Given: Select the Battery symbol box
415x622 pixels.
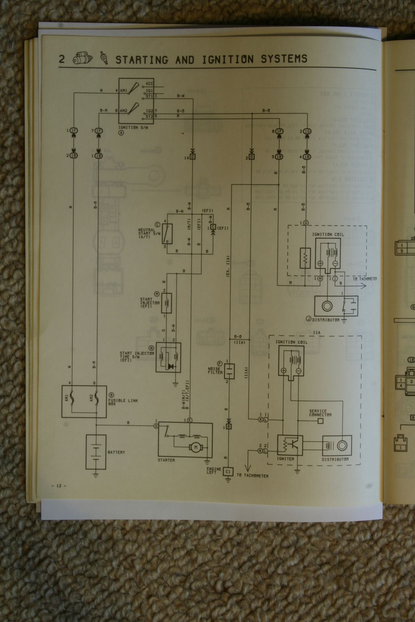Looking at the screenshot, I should click(96, 452).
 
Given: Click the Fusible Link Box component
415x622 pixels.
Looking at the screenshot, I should click(84, 401).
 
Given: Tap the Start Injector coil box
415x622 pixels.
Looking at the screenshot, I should click(167, 303).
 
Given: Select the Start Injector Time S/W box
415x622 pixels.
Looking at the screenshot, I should click(168, 357).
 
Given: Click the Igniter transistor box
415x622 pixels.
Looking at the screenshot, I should click(290, 445).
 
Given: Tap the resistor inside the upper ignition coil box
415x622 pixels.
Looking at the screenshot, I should click(305, 258).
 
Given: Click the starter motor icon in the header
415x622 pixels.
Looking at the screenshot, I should click(81, 59).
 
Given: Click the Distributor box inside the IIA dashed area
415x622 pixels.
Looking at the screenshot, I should click(336, 446).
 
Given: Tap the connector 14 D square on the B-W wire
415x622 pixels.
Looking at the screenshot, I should click(192, 157).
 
